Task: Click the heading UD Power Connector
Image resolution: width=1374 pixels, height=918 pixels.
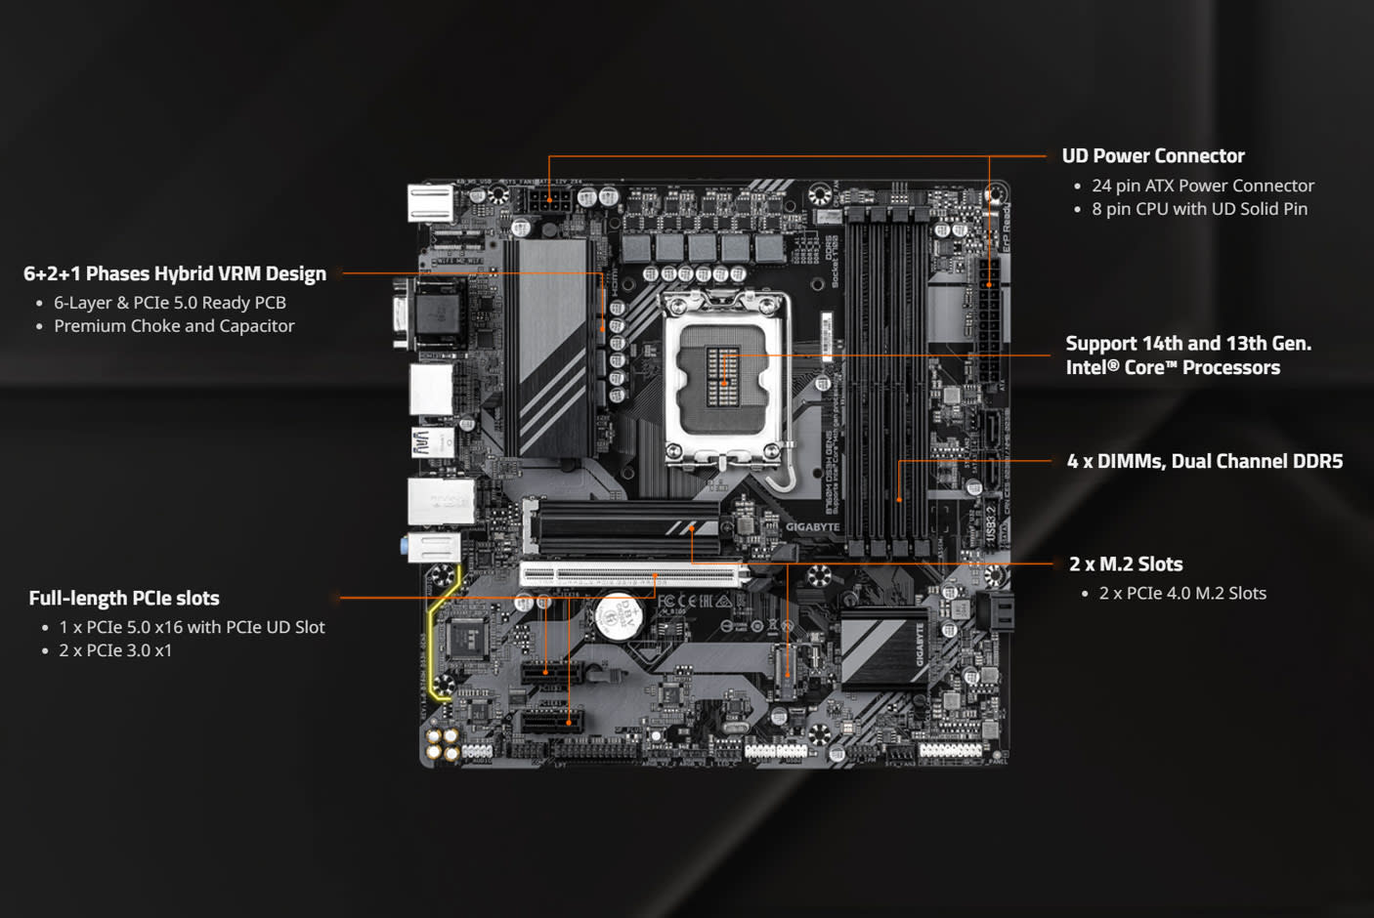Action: click(x=1152, y=156)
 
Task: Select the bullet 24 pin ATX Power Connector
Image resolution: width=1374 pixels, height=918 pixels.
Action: click(x=1202, y=186)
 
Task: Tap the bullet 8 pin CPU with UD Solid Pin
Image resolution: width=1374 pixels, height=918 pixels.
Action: click(x=1199, y=209)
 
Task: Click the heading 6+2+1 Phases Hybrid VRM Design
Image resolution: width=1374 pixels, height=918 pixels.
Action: click(x=175, y=274)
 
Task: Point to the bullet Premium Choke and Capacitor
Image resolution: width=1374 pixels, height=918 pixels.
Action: click(x=174, y=326)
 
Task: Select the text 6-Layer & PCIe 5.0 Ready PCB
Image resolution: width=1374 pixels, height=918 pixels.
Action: click(x=170, y=303)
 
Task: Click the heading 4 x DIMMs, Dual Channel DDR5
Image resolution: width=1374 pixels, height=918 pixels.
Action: click(x=1204, y=462)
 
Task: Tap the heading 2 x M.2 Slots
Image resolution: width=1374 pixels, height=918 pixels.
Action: click(x=1126, y=564)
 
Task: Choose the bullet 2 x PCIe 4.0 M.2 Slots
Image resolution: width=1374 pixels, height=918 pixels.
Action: click(x=1182, y=594)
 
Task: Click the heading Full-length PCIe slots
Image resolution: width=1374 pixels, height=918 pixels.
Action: click(x=124, y=599)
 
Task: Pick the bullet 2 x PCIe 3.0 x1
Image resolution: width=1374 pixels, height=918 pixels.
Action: click(x=115, y=650)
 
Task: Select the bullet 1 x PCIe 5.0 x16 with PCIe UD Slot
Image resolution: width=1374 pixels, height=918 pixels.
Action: click(x=192, y=627)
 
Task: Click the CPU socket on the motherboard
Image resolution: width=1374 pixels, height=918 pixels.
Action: click(x=723, y=376)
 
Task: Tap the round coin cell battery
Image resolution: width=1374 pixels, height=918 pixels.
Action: click(x=618, y=616)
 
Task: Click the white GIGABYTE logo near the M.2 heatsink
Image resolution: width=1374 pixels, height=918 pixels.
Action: click(x=812, y=527)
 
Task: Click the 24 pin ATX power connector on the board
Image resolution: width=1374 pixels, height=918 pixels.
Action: click(x=989, y=317)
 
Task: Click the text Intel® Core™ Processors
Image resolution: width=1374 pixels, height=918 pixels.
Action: click(x=1173, y=368)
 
